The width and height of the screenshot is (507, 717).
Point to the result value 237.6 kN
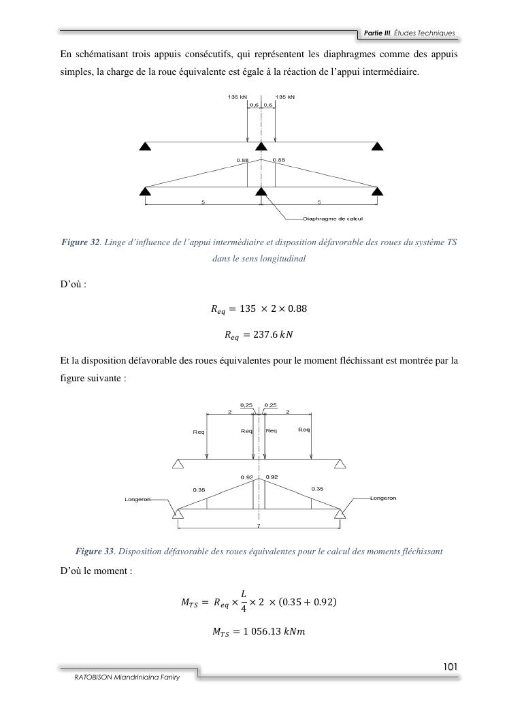252,334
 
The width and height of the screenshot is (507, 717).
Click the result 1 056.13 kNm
259,631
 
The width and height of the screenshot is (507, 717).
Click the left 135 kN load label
237,97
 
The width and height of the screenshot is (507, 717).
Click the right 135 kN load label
284,97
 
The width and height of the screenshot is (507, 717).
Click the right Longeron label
383,498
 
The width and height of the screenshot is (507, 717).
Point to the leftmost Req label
199,431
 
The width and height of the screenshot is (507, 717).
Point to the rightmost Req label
304,430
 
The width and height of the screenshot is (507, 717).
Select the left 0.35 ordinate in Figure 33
199,489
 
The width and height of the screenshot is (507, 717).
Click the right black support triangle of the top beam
377,146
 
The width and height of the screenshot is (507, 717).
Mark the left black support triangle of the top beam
144,146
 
